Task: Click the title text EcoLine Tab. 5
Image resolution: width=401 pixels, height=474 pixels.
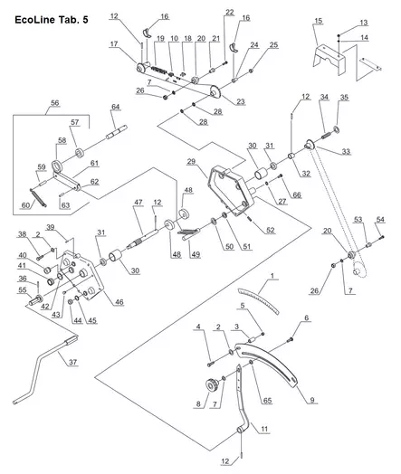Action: point(52,20)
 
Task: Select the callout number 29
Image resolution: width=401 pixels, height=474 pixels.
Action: point(191,161)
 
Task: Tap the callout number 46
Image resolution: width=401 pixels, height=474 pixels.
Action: point(119,302)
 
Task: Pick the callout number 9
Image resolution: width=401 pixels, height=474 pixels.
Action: point(312,400)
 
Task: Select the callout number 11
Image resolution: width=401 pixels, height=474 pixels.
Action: point(264,429)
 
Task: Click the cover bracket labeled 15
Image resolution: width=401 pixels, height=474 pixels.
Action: point(329,60)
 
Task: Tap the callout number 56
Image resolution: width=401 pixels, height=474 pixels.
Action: point(54,103)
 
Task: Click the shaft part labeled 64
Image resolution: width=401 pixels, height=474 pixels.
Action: point(117,133)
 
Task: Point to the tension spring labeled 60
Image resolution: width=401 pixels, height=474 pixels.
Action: point(38,198)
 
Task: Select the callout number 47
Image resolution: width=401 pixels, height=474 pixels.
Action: point(138,202)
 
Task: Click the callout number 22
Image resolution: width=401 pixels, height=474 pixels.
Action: point(230,12)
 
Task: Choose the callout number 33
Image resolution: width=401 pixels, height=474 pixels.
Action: point(346,151)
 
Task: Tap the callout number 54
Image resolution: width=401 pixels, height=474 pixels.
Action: point(380,220)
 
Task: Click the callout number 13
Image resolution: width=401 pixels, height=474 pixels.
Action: point(364,23)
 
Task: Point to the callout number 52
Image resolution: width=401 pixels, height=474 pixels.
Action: point(271,230)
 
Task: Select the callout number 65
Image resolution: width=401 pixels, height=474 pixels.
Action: point(267,401)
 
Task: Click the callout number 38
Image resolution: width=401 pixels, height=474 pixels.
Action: point(23,234)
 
